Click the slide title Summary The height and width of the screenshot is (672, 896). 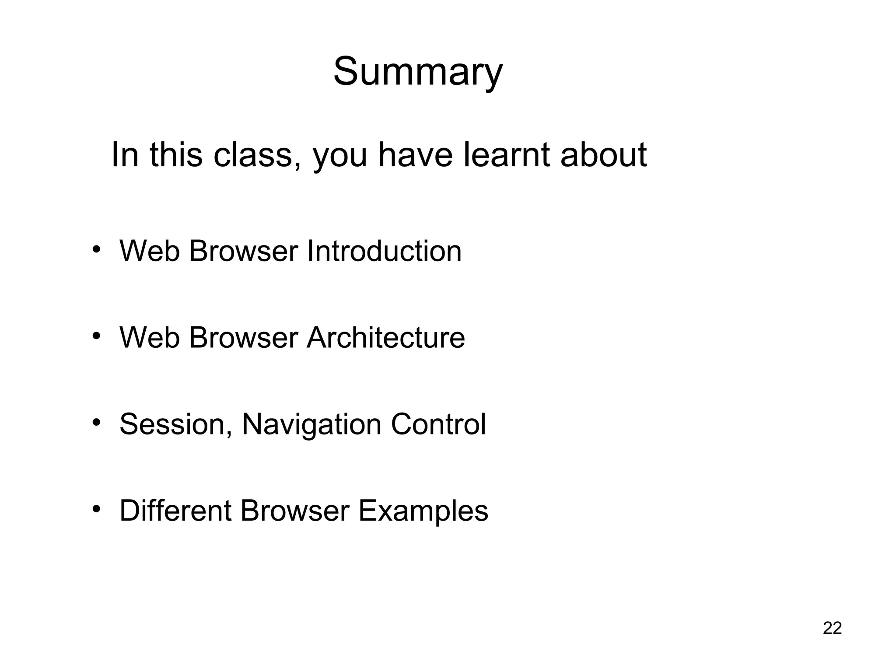pyautogui.click(x=418, y=72)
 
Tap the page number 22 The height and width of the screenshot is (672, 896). pyautogui.click(x=832, y=628)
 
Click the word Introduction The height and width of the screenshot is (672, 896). pyautogui.click(x=384, y=251)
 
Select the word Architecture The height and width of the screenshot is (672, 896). pyautogui.click(x=385, y=338)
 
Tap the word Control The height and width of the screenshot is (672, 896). pyautogui.click(x=438, y=424)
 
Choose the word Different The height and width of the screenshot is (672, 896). pyautogui.click(x=175, y=511)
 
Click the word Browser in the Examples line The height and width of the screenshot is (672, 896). pyautogui.click(x=294, y=511)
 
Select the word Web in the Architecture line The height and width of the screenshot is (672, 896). pyautogui.click(x=149, y=338)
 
